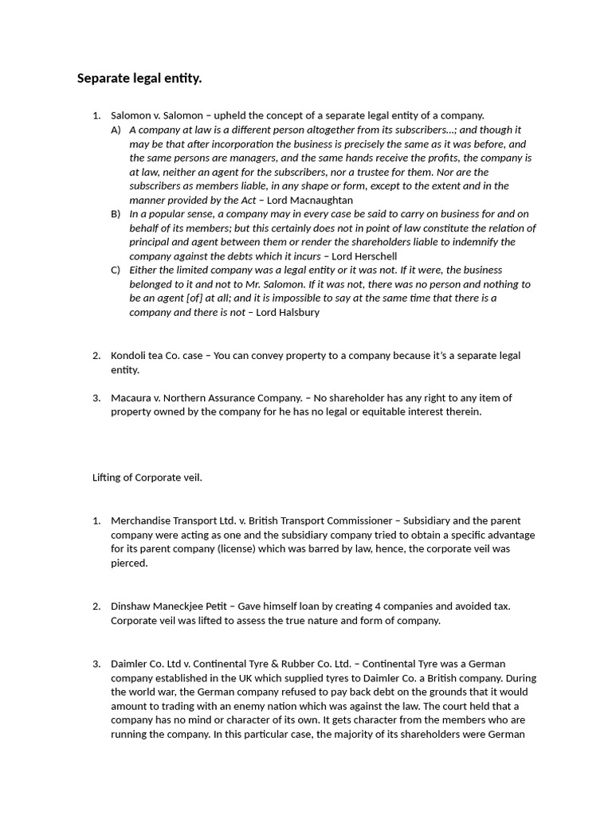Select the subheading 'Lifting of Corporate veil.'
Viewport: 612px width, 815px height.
(147, 478)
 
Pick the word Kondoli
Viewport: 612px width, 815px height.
(128, 355)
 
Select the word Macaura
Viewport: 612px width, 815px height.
(130, 398)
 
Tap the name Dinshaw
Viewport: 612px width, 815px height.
(130, 606)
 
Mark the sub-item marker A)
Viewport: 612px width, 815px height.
(116, 129)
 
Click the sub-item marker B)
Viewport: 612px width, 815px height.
(116, 214)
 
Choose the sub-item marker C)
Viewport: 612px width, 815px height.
(116, 270)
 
